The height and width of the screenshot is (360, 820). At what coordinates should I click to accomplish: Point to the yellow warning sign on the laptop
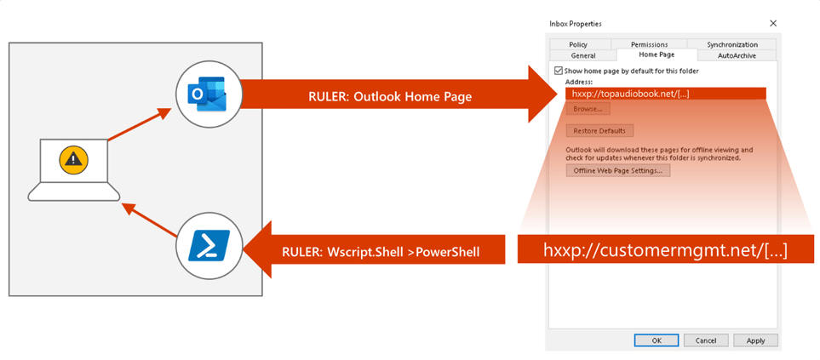click(x=74, y=159)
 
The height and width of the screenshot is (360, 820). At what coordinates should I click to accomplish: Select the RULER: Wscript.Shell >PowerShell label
click(x=381, y=252)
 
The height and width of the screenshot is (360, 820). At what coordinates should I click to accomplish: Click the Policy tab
click(x=578, y=45)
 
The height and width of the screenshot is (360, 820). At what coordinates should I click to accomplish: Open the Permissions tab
click(x=649, y=45)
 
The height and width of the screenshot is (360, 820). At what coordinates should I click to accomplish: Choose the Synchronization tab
click(x=732, y=45)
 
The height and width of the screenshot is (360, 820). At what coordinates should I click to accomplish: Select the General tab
click(x=583, y=55)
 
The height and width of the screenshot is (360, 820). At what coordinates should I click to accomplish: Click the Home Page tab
click(x=657, y=54)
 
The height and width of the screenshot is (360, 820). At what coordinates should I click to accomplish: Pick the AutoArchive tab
click(x=737, y=55)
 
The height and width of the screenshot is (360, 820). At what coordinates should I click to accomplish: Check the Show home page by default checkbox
click(x=559, y=71)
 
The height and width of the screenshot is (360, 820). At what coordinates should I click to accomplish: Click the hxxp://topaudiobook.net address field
click(x=665, y=94)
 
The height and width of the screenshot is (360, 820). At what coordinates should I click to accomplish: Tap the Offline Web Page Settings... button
click(x=617, y=170)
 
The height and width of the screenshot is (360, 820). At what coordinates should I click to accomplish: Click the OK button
click(x=657, y=340)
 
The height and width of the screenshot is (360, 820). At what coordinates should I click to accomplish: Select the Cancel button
click(x=705, y=340)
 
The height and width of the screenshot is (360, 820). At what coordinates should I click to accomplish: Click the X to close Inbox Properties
click(x=773, y=24)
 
